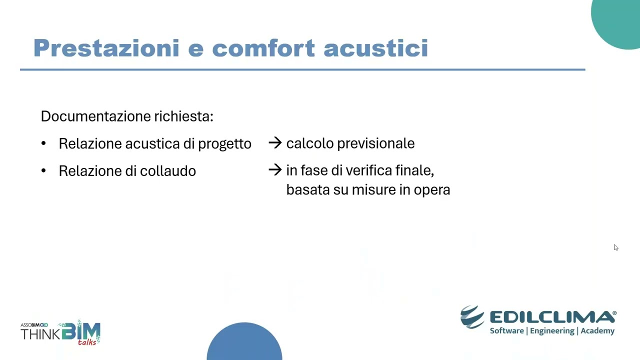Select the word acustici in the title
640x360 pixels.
(375, 48)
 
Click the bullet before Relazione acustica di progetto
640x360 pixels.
(43, 144)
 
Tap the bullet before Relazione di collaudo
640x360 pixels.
(43, 171)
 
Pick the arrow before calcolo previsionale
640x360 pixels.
(275, 143)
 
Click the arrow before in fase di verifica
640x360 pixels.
(275, 170)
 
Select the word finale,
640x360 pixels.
(414, 170)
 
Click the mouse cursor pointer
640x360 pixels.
(616, 247)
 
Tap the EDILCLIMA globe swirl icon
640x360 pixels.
(472, 317)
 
